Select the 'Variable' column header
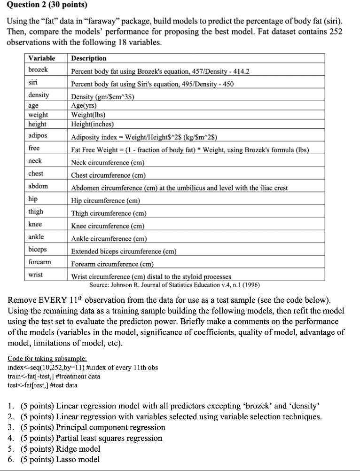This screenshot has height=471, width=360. pyautogui.click(x=41, y=58)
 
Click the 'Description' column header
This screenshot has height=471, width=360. pyautogui.click(x=88, y=58)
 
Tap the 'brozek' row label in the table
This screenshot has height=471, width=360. pyautogui.click(x=38, y=70)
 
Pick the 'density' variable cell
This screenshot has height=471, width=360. pyautogui.click(x=39, y=95)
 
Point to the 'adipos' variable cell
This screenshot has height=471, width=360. pyautogui.click(x=38, y=136)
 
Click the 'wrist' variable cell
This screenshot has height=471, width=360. pyautogui.click(x=36, y=274)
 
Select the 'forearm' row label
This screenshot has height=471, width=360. pyautogui.click(x=40, y=261)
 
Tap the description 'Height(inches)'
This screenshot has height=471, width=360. pyautogui.click(x=93, y=124)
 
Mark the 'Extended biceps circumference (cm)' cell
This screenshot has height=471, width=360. pyautogui.click(x=124, y=251)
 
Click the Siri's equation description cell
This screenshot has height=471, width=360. pyautogui.click(x=152, y=84)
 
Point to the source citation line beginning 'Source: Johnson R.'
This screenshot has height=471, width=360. pyautogui.click(x=174, y=285)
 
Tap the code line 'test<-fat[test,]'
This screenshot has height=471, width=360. pyautogui.click(x=43, y=385)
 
